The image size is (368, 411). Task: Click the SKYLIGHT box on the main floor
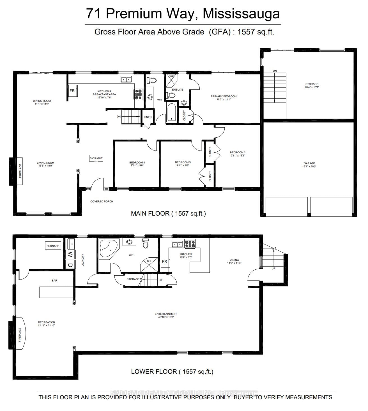[96, 158]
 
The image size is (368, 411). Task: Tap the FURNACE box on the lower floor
[53, 246]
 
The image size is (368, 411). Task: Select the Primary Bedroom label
[224, 98]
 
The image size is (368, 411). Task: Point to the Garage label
[309, 165]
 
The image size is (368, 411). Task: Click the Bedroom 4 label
[137, 164]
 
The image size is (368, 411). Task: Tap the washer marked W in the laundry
[70, 255]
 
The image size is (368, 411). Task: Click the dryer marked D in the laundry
[70, 265]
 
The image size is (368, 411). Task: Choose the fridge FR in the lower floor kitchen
[165, 261]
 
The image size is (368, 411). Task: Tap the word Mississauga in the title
[241, 13]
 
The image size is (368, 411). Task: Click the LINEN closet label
[148, 117]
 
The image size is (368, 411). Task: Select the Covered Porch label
[102, 201]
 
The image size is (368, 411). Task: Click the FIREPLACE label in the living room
[20, 171]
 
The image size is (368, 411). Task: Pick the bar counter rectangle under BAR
[56, 292]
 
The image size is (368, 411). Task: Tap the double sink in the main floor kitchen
[127, 80]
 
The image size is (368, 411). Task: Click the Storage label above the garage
[312, 85]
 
